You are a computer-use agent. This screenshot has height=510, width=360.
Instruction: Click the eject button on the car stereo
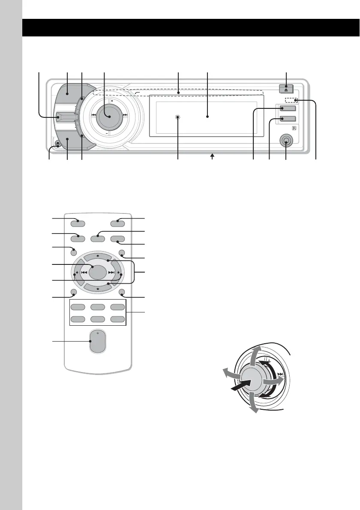286,89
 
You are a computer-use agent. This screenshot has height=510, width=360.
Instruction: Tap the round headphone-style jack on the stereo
286,140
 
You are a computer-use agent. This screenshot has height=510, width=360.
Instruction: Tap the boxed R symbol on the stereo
294,128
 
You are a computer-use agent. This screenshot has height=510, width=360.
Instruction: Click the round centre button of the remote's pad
99,272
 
